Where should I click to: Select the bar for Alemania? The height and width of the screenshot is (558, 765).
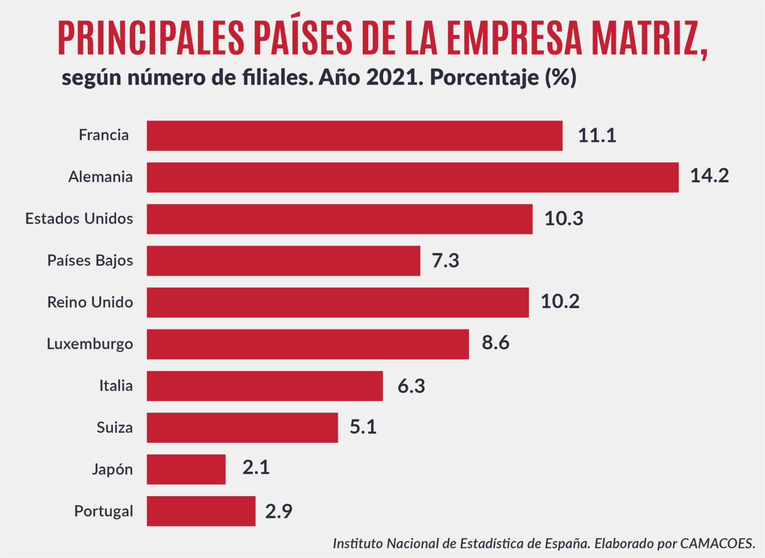(x=412, y=177)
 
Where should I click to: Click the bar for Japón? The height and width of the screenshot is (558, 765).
(x=186, y=469)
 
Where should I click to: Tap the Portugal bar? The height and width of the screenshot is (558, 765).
(x=201, y=511)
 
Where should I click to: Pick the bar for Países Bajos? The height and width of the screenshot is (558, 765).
(x=283, y=260)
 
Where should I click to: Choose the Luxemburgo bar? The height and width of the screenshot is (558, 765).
(x=307, y=344)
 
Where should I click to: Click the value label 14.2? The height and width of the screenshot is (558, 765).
(x=709, y=176)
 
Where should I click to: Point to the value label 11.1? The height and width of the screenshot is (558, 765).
(x=597, y=135)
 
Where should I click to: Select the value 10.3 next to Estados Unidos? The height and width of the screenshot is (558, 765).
(x=563, y=219)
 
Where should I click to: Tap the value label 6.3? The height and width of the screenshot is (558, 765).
(x=411, y=386)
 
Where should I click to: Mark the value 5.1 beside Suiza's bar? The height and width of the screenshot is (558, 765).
(x=363, y=427)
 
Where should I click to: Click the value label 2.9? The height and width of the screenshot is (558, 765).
(x=278, y=511)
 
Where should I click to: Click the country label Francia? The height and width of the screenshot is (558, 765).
(x=104, y=135)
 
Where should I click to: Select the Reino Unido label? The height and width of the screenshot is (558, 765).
(x=90, y=302)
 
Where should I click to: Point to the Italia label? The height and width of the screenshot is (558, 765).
(x=116, y=386)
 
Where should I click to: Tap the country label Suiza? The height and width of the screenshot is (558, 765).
(x=115, y=428)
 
